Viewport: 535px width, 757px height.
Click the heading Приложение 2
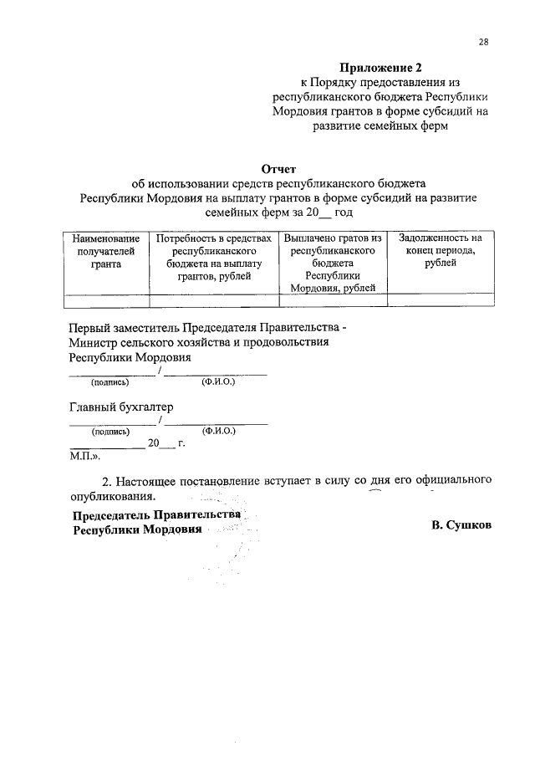click(x=375, y=67)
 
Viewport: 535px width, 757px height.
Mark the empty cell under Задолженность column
click(x=440, y=301)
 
